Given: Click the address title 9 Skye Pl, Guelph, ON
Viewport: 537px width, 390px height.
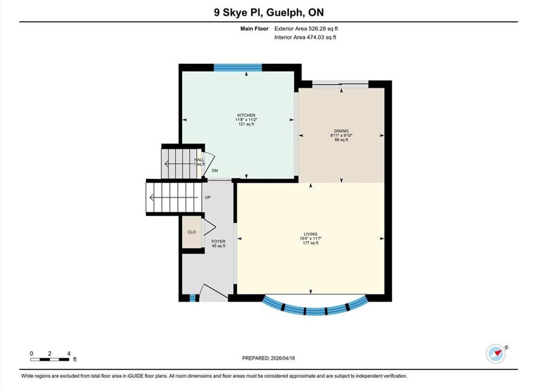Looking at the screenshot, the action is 269,12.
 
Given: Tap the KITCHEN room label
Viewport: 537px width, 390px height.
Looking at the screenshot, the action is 246,115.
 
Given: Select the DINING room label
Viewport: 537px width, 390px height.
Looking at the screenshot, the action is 341,131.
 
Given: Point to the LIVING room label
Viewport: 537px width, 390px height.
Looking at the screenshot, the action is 310,234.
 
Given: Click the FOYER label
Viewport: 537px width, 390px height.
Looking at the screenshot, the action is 218,242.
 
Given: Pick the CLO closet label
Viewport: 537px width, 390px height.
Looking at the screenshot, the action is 191,232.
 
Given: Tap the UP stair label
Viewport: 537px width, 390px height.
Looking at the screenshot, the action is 208,198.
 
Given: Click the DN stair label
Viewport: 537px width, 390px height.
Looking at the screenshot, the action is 215,171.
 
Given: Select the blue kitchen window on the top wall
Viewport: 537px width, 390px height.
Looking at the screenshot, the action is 238,68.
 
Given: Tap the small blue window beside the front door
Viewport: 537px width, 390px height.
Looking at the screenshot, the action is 193,298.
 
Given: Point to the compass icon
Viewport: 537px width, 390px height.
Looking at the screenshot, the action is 496,353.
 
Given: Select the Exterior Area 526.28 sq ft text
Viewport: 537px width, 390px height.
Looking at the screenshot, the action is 306,29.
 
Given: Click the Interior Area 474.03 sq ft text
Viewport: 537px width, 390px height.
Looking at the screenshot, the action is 305,37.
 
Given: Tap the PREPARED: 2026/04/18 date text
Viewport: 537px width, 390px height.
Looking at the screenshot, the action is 268,358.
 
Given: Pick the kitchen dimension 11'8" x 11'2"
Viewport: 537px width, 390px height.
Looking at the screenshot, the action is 246,120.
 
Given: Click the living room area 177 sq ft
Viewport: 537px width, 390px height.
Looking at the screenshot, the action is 310,243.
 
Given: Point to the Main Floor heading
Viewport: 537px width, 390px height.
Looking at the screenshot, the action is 255,29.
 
